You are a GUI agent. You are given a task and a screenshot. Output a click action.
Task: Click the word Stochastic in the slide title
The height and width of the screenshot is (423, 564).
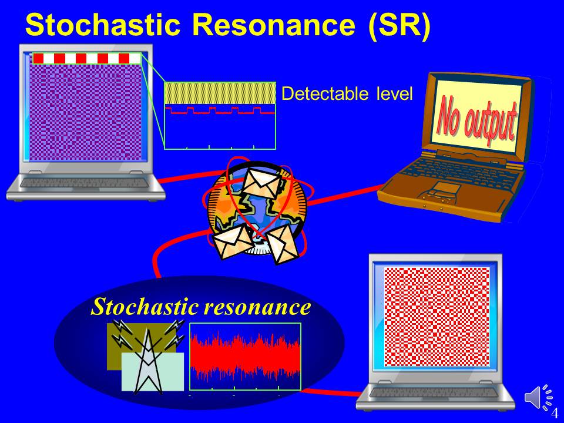pyautogui.click(x=102, y=25)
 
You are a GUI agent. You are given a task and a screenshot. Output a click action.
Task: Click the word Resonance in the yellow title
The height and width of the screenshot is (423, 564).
pyautogui.click(x=273, y=25)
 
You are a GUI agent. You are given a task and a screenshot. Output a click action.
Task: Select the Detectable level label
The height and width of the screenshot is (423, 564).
pyautogui.click(x=347, y=93)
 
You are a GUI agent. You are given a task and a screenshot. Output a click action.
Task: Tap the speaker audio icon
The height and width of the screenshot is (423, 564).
pyautogui.click(x=538, y=397)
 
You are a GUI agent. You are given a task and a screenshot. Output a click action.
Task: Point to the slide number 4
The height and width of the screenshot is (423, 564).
pyautogui.click(x=555, y=412)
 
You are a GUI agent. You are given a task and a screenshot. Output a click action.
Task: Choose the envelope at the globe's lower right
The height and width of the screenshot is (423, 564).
pyautogui.click(x=283, y=244)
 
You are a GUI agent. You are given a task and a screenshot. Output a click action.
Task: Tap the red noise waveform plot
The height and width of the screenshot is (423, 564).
pyautogui.click(x=245, y=356)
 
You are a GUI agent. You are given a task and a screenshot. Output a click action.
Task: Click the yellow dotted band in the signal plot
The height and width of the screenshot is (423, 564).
pyautogui.click(x=220, y=93)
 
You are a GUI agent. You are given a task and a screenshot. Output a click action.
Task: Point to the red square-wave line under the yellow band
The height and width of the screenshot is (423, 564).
pyautogui.click(x=220, y=110)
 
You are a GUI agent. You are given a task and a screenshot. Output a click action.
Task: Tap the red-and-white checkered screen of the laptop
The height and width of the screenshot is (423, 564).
pyautogui.click(x=437, y=317)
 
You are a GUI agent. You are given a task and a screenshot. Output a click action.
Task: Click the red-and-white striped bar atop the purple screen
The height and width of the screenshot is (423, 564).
pyautogui.click(x=87, y=58)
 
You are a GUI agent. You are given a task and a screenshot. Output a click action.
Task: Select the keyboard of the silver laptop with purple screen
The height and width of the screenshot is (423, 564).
pyautogui.click(x=84, y=182)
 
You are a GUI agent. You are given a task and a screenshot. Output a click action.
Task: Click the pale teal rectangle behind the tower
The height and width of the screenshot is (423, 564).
pyautogui.click(x=153, y=371)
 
